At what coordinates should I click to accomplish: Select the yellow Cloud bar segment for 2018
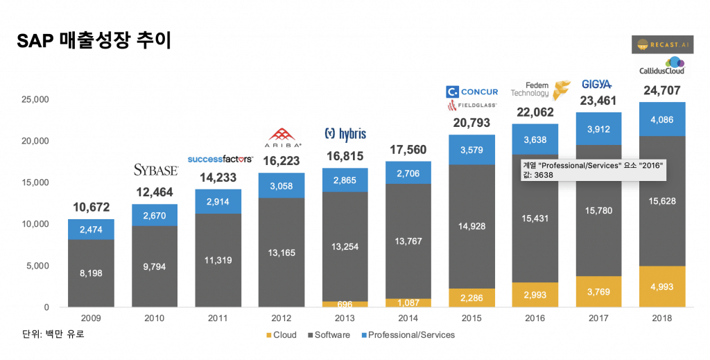661,286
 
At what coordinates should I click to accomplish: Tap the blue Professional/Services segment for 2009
91,229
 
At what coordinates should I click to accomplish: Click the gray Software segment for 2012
281,252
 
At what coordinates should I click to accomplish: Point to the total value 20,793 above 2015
471,123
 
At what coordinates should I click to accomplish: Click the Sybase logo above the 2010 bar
155,170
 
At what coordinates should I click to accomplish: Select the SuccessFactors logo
220,159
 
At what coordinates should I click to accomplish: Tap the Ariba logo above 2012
281,137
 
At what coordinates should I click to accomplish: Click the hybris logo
345,133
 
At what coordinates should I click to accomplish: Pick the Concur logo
471,92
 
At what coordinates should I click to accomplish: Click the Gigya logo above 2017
596,84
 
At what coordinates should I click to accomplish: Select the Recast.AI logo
661,44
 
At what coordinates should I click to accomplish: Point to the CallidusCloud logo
661,67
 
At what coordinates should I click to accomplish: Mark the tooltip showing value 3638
594,170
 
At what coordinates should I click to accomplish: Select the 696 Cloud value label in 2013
345,304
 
